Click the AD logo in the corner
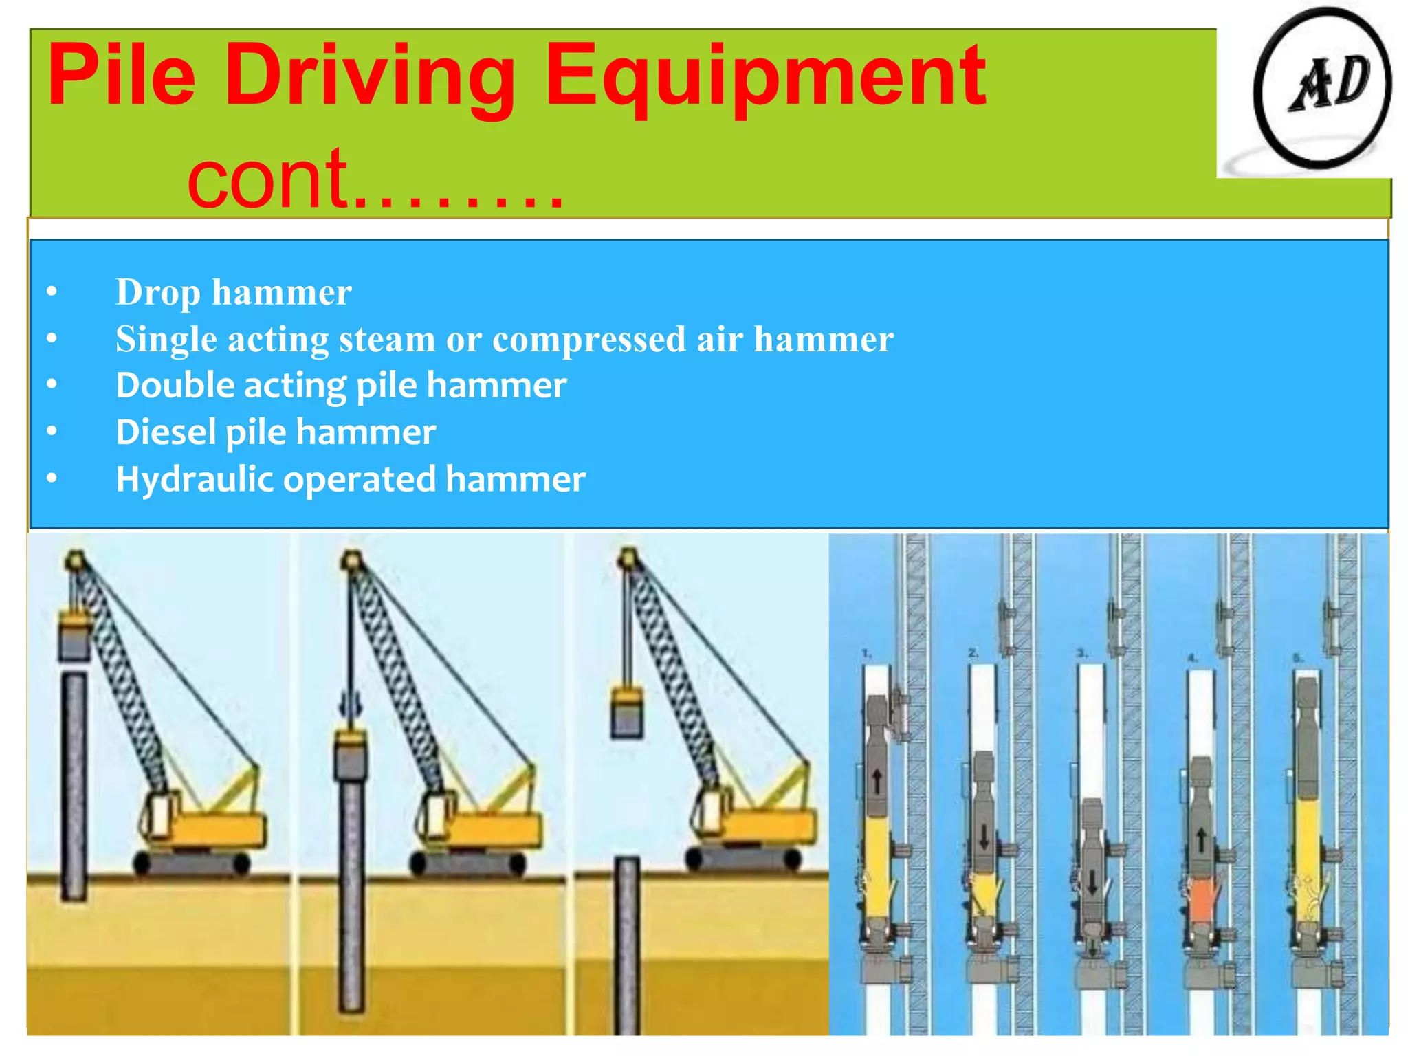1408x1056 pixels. (1321, 88)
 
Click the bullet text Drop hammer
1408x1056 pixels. (233, 292)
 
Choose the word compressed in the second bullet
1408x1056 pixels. (588, 339)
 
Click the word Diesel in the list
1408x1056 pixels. (166, 432)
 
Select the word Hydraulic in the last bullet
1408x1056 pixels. (195, 478)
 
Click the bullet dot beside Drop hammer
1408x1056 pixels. (52, 292)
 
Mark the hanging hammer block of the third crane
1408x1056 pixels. (627, 712)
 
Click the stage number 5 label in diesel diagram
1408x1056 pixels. (1297, 658)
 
